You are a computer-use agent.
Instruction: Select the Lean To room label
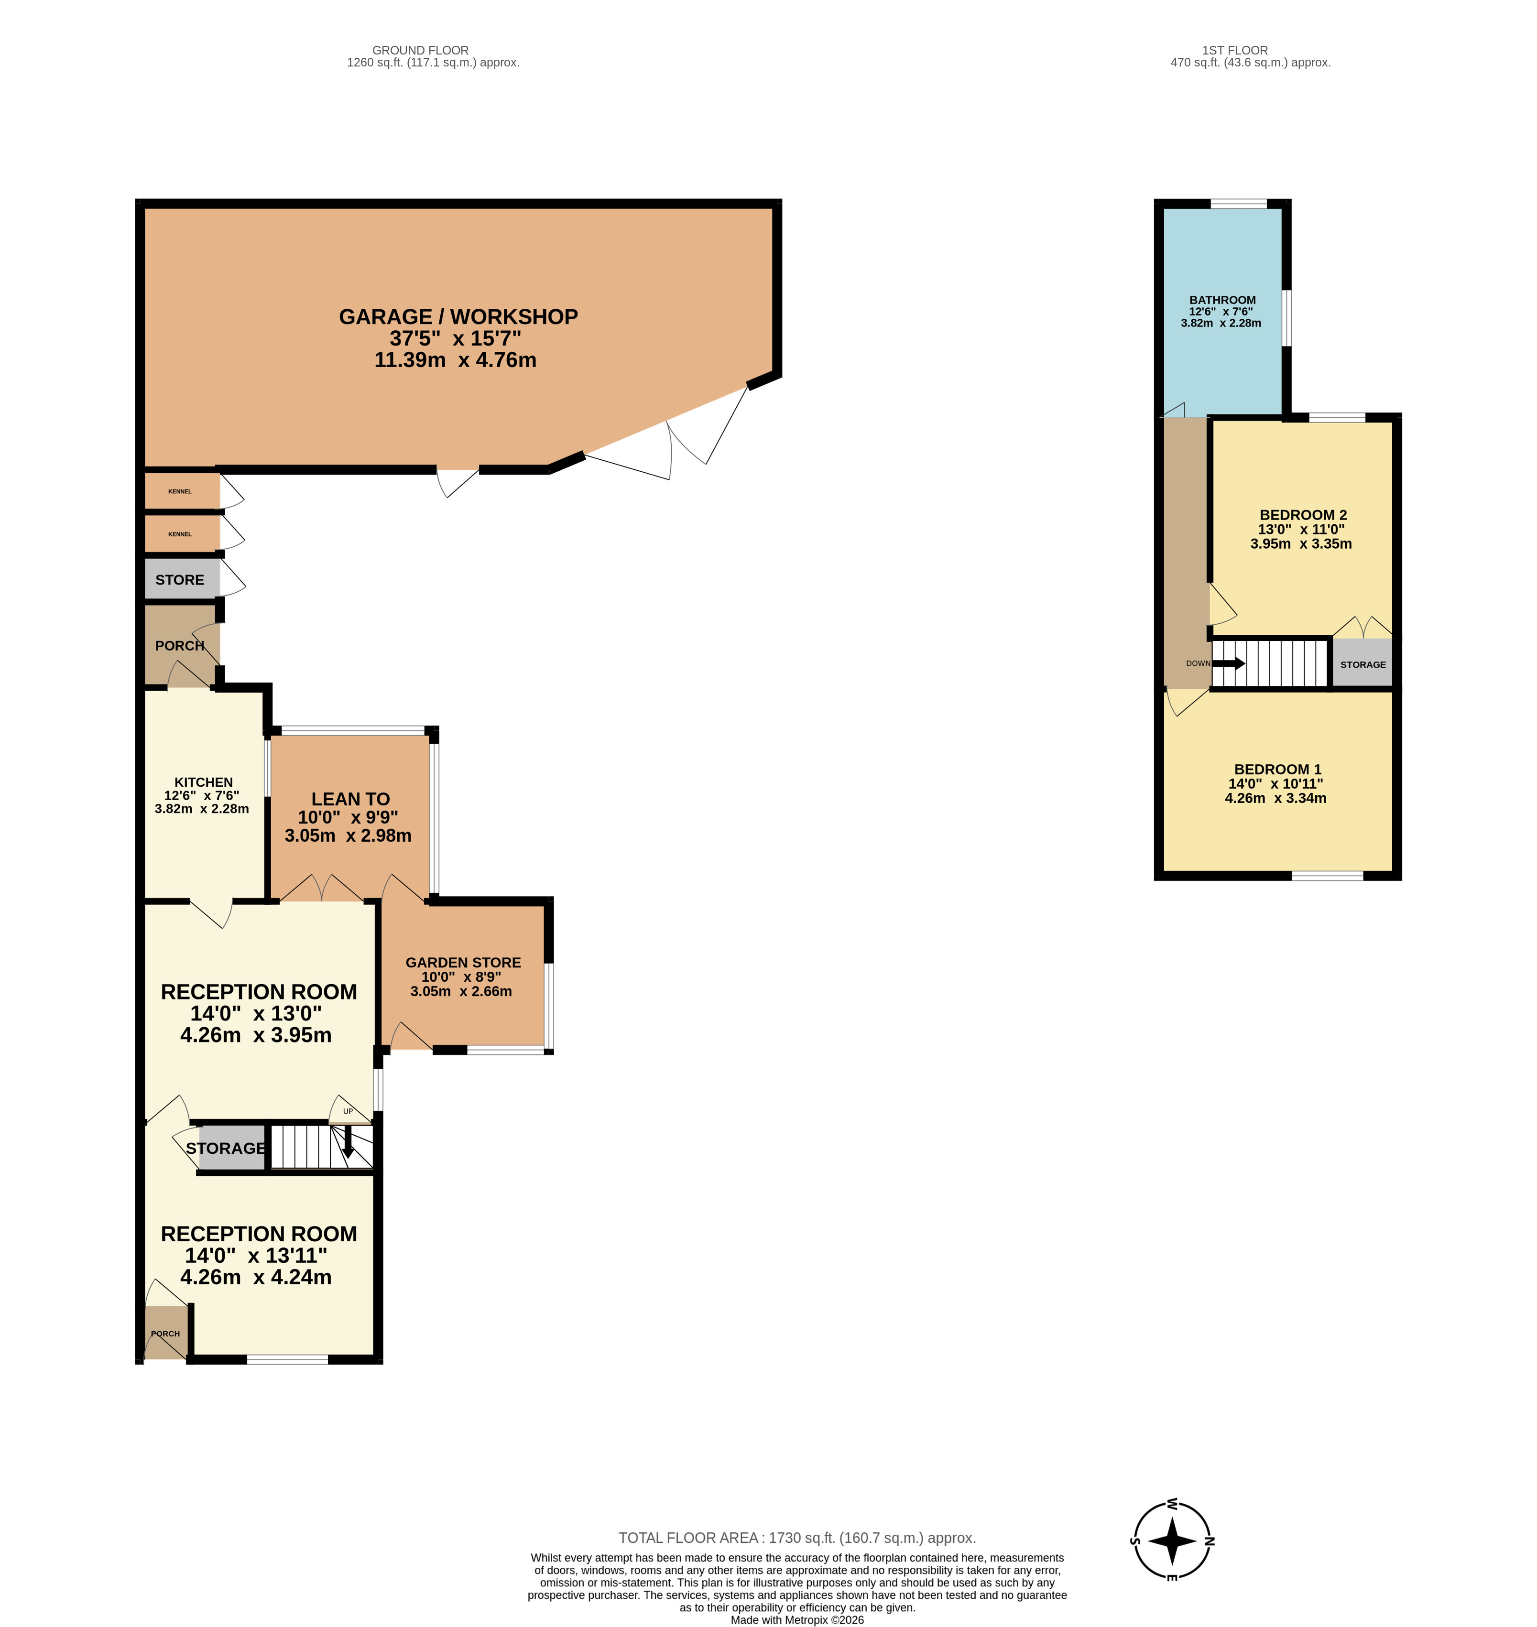pyautogui.click(x=350, y=799)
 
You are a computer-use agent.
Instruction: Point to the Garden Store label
pyautogui.click(x=463, y=963)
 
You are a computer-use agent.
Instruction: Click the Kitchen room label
pyautogui.click(x=203, y=782)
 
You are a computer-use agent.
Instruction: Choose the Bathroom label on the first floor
pyautogui.click(x=1222, y=300)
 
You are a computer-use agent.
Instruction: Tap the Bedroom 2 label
pyautogui.click(x=1303, y=514)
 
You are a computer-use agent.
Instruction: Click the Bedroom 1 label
pyautogui.click(x=1277, y=769)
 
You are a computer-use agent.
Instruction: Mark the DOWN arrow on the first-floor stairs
pyautogui.click(x=1228, y=663)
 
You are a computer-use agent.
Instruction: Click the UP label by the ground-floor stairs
pyautogui.click(x=348, y=1112)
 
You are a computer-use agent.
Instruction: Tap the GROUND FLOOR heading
pyautogui.click(x=420, y=50)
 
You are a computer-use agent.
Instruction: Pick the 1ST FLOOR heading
pyautogui.click(x=1235, y=50)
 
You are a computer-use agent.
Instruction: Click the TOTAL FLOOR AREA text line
pyautogui.click(x=797, y=1538)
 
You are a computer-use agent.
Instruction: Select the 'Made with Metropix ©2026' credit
pyautogui.click(x=797, y=1620)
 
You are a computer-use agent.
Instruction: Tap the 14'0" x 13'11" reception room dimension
pyautogui.click(x=256, y=1255)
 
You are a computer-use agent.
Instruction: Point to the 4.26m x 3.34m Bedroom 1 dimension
pyautogui.click(x=1275, y=798)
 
